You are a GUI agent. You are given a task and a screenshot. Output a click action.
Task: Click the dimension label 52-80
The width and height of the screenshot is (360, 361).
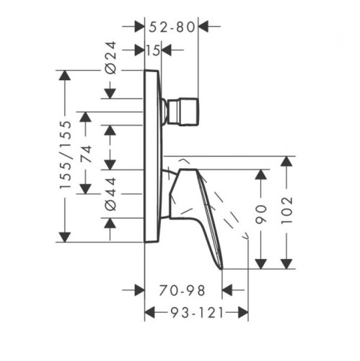coord(172,27)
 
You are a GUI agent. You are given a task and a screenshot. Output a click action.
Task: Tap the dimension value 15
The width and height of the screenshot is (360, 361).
coord(153,51)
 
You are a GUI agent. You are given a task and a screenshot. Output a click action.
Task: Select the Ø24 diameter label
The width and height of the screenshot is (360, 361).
coord(110,58)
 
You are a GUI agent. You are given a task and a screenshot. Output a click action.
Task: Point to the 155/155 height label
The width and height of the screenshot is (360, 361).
coord(66,155)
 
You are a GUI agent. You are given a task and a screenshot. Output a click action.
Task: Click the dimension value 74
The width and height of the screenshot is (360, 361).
coord(86,154)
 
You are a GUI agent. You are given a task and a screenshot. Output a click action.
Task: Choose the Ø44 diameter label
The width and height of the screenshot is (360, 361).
coord(110,194)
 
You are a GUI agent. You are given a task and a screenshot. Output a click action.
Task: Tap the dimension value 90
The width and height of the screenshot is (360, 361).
coord(261,214)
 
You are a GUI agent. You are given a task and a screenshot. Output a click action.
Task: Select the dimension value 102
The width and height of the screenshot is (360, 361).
coord(286,211)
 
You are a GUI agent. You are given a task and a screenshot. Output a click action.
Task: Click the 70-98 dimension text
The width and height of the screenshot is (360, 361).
coord(182,290)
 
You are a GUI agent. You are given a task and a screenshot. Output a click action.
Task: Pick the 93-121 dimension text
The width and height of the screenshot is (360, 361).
coord(197,313)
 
